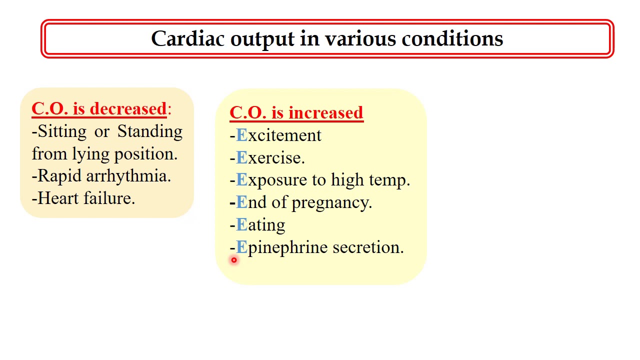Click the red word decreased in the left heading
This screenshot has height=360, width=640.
click(128, 109)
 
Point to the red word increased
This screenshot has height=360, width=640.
click(325, 113)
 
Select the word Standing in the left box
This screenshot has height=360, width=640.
click(150, 132)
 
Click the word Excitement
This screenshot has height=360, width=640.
click(278, 135)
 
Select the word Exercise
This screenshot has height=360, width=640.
click(270, 158)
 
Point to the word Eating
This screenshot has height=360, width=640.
click(260, 225)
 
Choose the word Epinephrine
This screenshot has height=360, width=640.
click(282, 248)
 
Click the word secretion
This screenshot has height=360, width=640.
click(367, 247)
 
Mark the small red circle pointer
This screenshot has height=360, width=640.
click(233, 260)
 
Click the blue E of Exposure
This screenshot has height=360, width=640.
click(241, 180)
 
